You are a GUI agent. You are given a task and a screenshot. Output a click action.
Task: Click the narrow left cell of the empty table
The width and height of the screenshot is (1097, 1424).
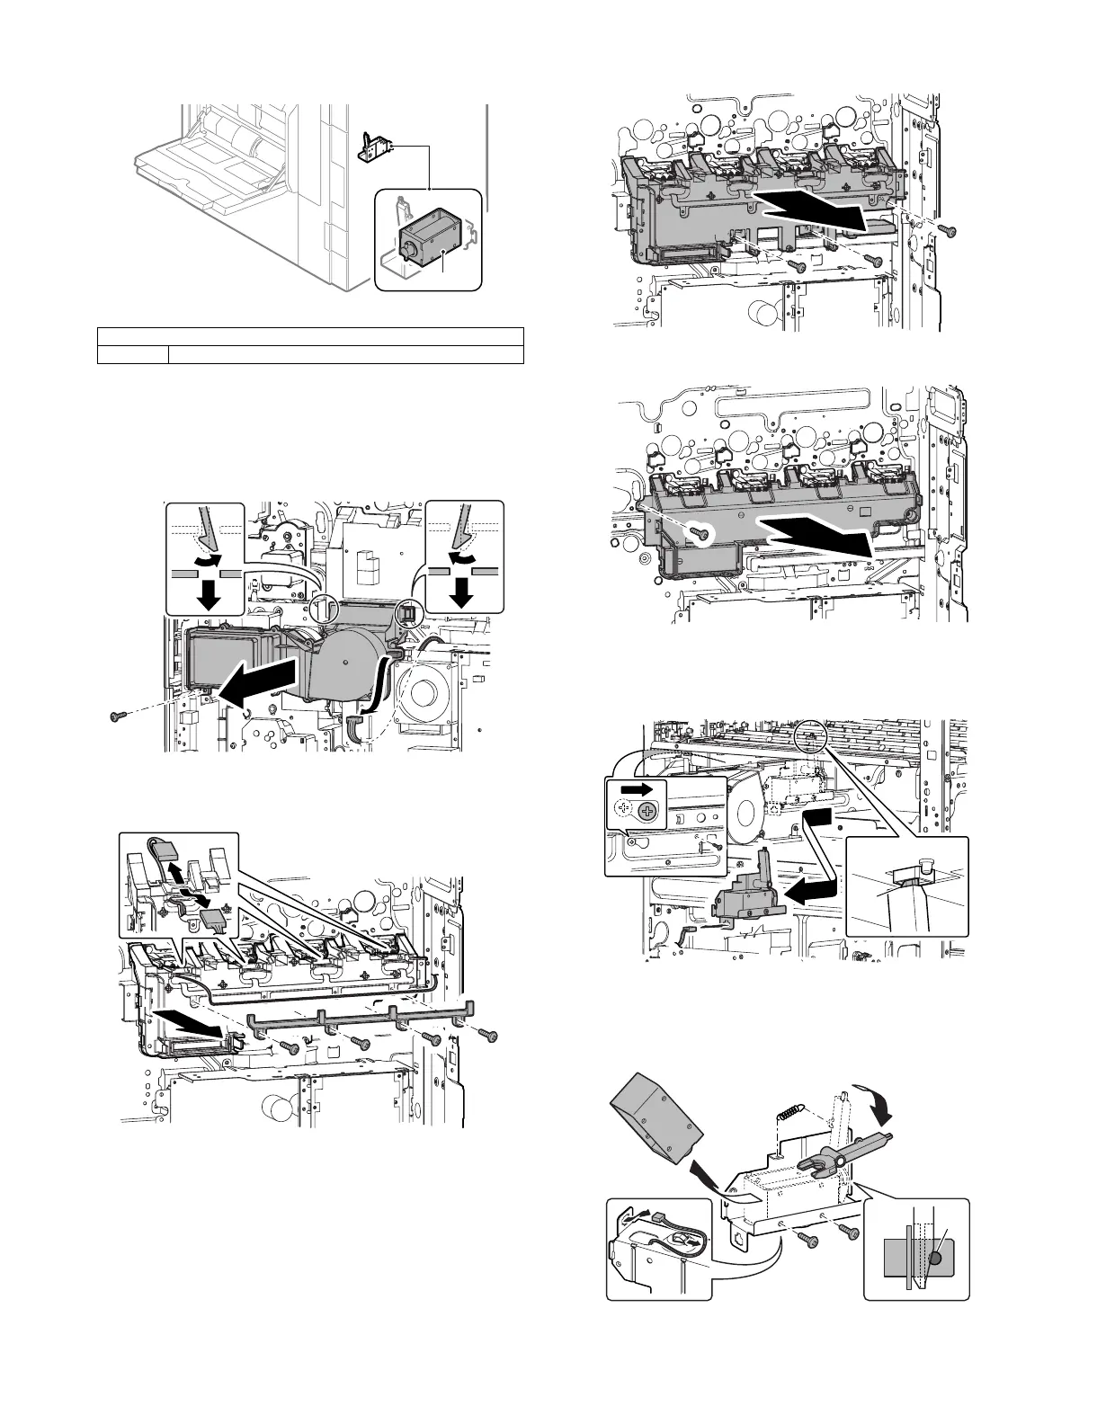pyautogui.click(x=132, y=354)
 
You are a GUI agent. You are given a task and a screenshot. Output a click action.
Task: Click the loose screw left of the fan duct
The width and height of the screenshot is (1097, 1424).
pyautogui.click(x=115, y=716)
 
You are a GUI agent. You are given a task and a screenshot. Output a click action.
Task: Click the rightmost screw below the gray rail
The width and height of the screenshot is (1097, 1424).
pyautogui.click(x=489, y=1036)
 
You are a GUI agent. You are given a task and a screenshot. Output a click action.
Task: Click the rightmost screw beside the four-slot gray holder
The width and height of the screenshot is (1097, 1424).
pyautogui.click(x=944, y=229)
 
